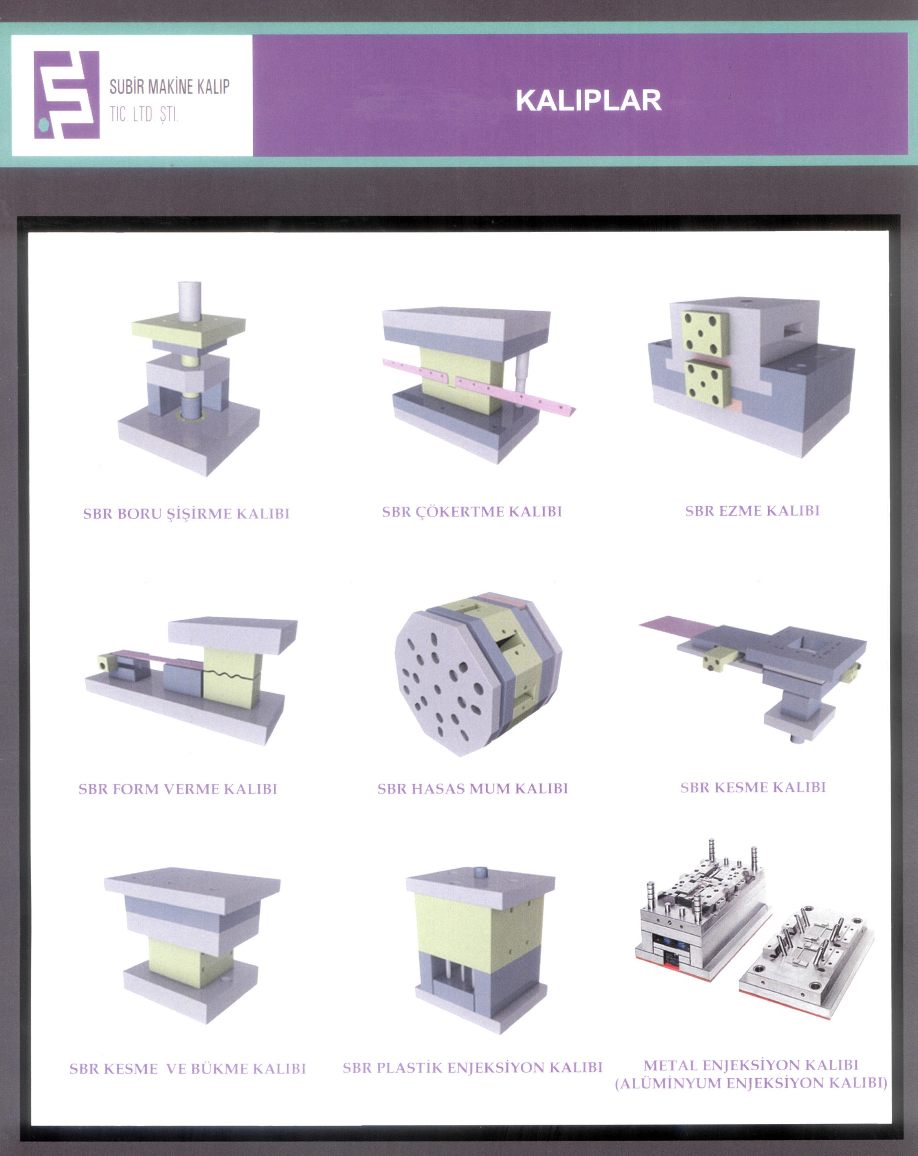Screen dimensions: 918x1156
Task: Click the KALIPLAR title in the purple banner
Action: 588,100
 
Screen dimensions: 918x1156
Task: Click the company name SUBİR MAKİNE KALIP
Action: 169,86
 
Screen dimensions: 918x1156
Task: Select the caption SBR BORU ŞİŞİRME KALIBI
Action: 186,514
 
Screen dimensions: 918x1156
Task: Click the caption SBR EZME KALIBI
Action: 752,511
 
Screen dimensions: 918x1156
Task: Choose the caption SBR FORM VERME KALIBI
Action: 178,789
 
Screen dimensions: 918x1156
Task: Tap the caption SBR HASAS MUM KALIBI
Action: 472,789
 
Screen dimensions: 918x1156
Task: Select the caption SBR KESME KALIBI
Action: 753,788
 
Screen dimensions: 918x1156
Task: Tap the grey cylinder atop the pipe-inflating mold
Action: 190,301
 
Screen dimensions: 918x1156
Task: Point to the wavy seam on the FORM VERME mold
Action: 231,673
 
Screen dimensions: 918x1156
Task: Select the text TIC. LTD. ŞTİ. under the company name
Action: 144,114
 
